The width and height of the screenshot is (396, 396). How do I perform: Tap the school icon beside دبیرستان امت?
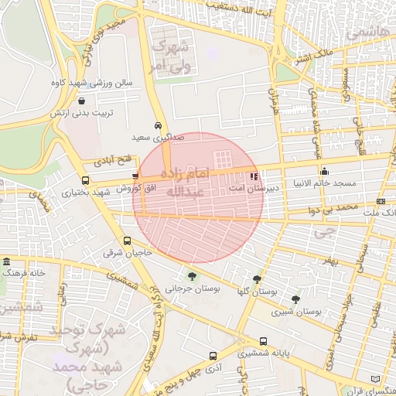(255, 176)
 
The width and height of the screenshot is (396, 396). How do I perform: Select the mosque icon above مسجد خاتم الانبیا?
(323, 171)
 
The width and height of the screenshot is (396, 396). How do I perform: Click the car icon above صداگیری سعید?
(158, 125)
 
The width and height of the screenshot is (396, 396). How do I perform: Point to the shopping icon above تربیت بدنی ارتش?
(82, 101)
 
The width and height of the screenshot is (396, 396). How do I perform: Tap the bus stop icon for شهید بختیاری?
(84, 182)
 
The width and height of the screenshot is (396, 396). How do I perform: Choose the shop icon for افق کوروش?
(136, 176)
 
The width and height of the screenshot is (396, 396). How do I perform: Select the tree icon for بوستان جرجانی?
(191, 276)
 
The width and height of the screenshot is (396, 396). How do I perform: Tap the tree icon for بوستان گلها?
(257, 279)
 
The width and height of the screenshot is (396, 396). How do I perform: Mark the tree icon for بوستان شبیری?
(296, 299)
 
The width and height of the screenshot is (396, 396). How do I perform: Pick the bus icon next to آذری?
(213, 357)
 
